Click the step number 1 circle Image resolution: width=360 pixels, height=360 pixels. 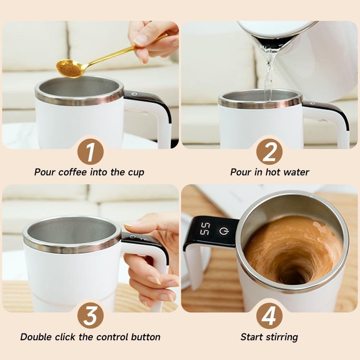point(90,152)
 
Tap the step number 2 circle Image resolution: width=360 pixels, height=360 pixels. point(269,152)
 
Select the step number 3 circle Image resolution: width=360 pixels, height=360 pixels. point(90,315)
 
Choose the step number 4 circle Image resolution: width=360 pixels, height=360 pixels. point(269,315)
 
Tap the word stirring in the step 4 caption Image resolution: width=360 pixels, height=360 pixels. point(282,337)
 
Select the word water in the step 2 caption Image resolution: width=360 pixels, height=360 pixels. point(296,172)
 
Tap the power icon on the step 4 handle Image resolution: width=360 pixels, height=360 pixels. point(224,231)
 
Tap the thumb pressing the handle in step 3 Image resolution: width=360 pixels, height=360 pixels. point(135,225)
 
